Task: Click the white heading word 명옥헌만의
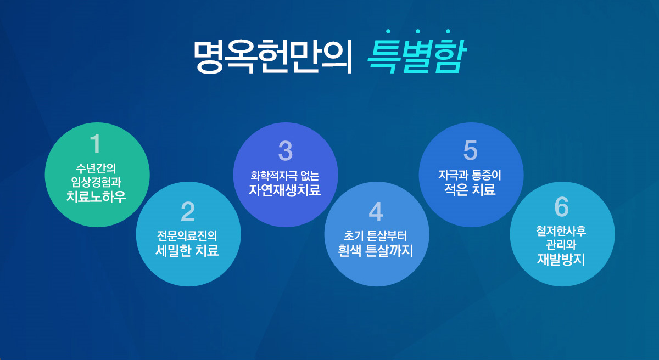click(273, 56)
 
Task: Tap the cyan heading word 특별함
click(416, 56)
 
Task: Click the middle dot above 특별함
click(418, 31)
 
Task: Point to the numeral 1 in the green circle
click(96, 143)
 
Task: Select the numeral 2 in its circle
click(188, 212)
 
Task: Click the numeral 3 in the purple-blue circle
click(286, 151)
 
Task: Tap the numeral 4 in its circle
click(376, 212)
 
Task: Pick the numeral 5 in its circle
click(471, 150)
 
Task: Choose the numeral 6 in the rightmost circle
click(562, 206)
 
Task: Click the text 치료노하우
click(96, 196)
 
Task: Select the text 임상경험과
click(96, 182)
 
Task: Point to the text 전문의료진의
click(187, 235)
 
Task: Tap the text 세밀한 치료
click(187, 250)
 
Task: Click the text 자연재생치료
click(285, 190)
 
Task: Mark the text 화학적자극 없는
click(285, 176)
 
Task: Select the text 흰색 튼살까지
click(376, 250)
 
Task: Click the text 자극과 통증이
click(470, 175)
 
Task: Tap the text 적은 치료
click(470, 189)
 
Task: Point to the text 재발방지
click(561, 259)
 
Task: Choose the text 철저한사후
click(561, 230)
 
